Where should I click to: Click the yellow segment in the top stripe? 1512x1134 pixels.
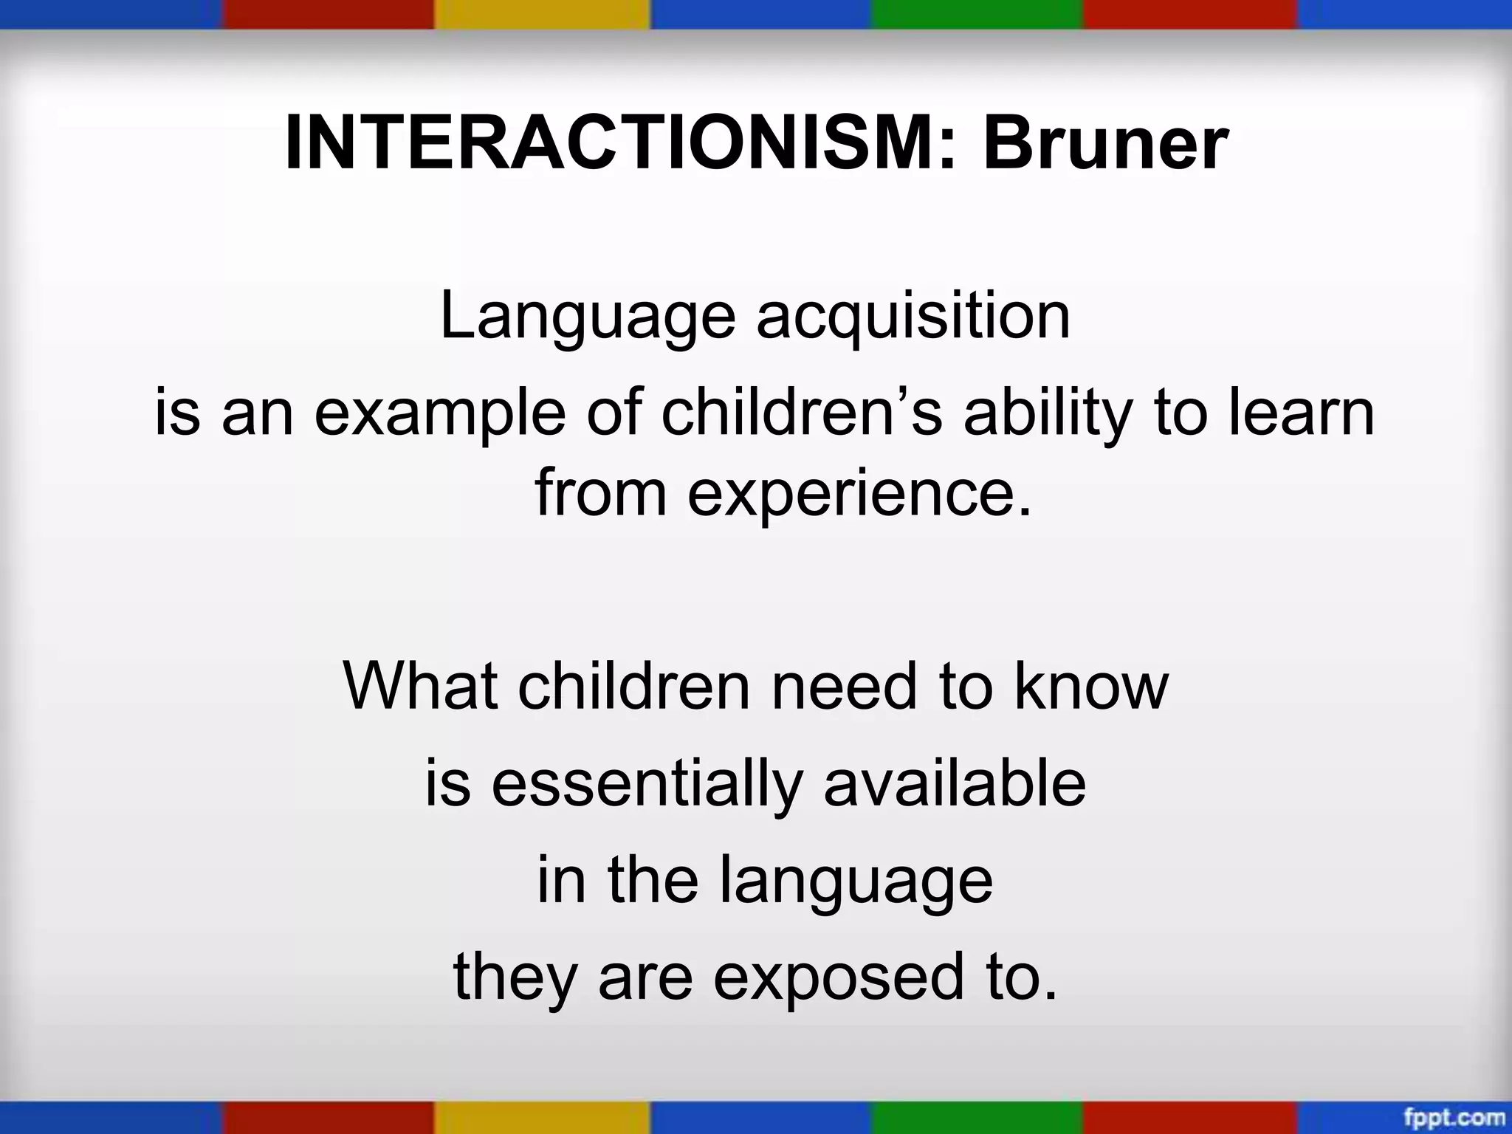coord(542,13)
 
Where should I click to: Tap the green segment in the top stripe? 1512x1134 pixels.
coord(977,13)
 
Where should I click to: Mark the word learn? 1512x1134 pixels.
coord(1302,413)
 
